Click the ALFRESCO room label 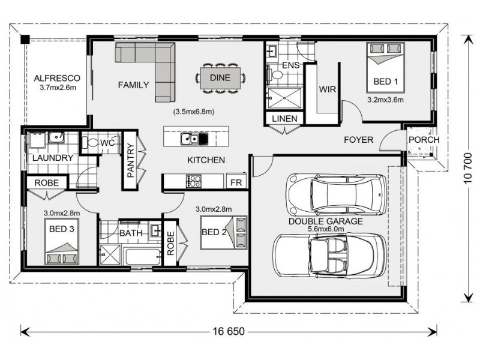[x=54, y=79]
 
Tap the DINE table [x=220, y=77]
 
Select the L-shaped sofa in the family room [x=153, y=66]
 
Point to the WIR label [x=327, y=89]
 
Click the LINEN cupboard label [x=284, y=119]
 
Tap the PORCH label [x=424, y=140]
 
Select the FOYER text [x=358, y=140]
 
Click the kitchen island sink [x=194, y=140]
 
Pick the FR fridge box [x=236, y=181]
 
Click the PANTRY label [x=130, y=161]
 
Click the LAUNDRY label [x=53, y=158]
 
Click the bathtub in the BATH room [x=142, y=256]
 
